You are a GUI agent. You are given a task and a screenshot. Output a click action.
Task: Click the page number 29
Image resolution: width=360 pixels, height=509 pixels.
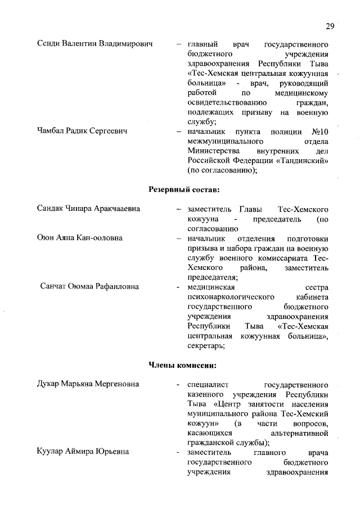(330, 26)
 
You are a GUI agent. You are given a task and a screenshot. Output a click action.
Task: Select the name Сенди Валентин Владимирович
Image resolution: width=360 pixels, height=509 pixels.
(95, 44)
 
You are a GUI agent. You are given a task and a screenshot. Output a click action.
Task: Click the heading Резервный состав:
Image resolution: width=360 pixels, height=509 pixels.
(183, 189)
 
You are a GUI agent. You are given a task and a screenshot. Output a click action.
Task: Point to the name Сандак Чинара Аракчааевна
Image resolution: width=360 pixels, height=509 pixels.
(88, 209)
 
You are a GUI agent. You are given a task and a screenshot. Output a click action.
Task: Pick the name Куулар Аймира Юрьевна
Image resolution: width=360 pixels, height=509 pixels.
(83, 452)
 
